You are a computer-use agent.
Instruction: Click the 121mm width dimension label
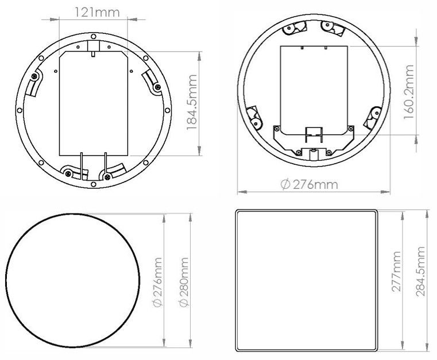tap(93, 10)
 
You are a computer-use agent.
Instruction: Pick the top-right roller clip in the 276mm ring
tap(327, 26)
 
